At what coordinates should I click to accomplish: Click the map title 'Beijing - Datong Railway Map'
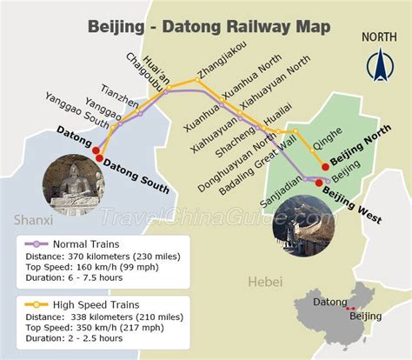[x=209, y=26]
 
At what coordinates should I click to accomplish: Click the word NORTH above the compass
[x=379, y=37]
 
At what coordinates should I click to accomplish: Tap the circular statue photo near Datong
[x=72, y=188]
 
